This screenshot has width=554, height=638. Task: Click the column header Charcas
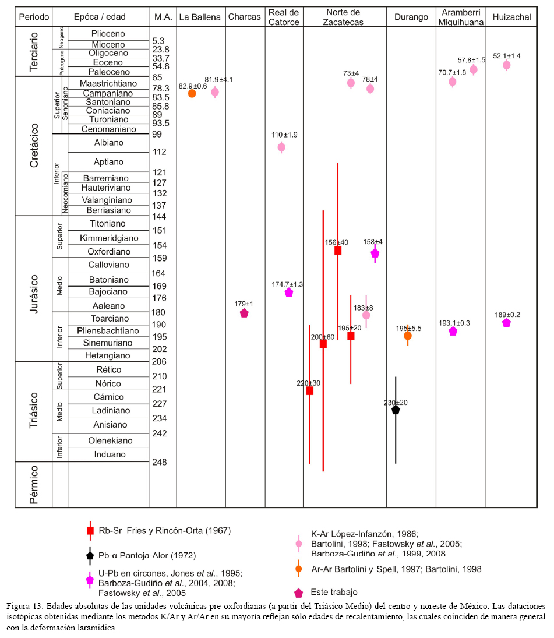(x=245, y=17)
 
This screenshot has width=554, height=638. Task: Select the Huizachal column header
(x=511, y=17)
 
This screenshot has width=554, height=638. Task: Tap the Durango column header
(x=411, y=17)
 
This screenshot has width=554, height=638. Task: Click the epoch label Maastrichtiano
(x=110, y=83)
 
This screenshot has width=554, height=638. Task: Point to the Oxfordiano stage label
(x=110, y=252)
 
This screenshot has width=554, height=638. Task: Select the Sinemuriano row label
(x=110, y=343)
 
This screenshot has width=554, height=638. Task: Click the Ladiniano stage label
(x=110, y=410)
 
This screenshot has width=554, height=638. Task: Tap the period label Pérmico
(x=34, y=484)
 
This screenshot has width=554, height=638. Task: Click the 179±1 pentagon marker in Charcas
(x=244, y=313)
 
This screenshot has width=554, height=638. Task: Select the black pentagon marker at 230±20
(x=396, y=410)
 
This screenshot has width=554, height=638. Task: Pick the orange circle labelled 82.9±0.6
(x=192, y=93)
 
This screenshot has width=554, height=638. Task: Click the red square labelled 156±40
(x=337, y=251)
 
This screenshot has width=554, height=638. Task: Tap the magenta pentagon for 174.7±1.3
(x=288, y=292)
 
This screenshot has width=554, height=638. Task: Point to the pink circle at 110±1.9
(x=281, y=147)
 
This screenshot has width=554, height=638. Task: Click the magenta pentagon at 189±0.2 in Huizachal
(x=506, y=323)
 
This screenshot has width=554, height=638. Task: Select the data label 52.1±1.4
(x=506, y=56)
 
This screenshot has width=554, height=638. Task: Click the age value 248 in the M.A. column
(x=160, y=463)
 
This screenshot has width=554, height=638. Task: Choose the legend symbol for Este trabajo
(x=299, y=593)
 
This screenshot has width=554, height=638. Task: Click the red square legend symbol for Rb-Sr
(x=90, y=531)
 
